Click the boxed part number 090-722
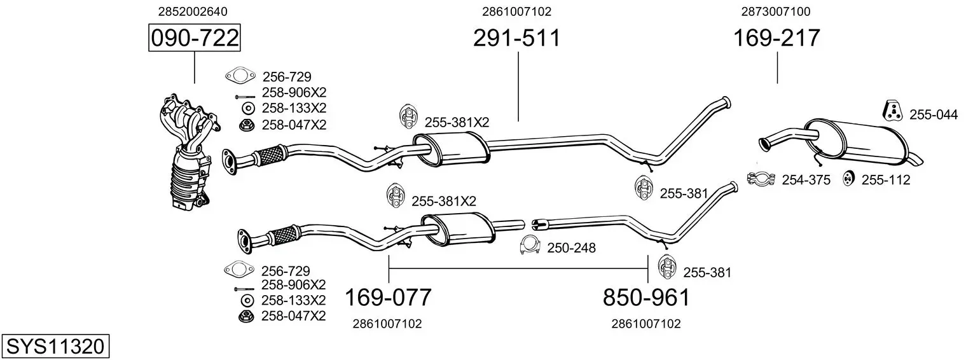195,39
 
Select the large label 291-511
516,39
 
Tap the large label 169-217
777,39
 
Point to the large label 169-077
388,297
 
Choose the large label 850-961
646,297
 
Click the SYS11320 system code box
55,347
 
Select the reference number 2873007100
776,11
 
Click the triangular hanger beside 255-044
893,111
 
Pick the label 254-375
806,180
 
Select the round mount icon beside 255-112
848,179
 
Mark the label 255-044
933,114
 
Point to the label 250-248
571,248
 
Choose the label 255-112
886,180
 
